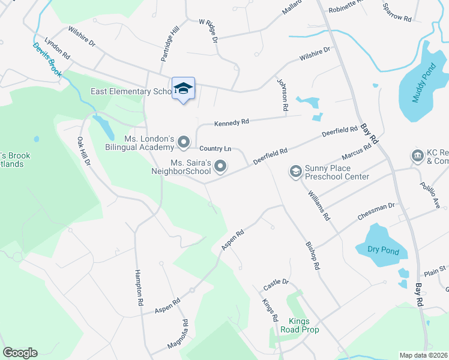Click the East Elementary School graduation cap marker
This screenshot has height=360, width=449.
183,89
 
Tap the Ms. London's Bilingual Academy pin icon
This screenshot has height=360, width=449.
184,143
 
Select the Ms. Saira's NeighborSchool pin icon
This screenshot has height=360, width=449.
221,166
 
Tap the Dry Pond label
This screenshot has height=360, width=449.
377,249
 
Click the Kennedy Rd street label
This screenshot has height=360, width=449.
232,122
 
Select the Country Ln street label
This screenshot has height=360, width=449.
215,148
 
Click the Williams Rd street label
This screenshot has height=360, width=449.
318,205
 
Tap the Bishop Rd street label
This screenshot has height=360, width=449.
311,255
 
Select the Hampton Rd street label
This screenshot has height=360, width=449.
140,287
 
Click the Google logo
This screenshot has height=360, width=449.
20,353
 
